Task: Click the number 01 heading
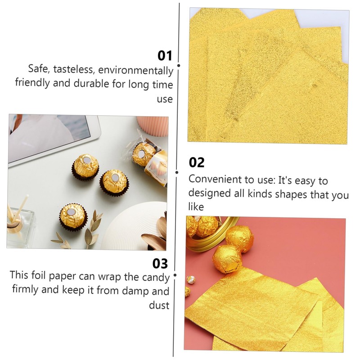click(x=165, y=56)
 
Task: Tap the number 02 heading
click(x=197, y=162)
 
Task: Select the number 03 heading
click(x=160, y=264)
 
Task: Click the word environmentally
click(x=136, y=70)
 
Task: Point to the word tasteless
click(x=73, y=69)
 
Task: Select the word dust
click(x=159, y=306)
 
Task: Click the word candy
click(x=156, y=278)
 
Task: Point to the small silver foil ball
click(x=191, y=279)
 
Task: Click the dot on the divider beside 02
click(x=177, y=172)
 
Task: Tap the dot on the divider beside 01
click(x=179, y=66)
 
